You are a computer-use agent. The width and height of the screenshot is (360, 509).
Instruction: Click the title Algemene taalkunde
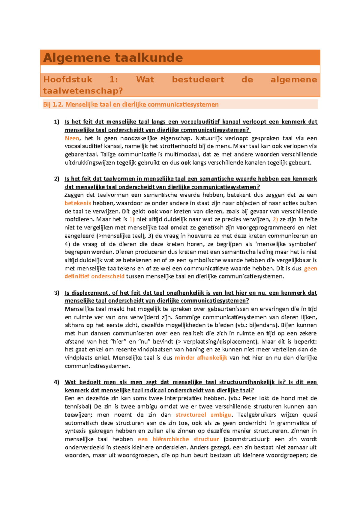(x=113, y=58)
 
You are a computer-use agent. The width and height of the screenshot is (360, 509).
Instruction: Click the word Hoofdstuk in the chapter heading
(x=68, y=79)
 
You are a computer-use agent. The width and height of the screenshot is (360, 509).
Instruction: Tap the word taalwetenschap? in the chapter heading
(x=83, y=91)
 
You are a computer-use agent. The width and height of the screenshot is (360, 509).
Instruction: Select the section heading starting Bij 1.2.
(x=131, y=105)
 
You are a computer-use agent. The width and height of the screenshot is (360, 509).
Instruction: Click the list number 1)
(x=57, y=122)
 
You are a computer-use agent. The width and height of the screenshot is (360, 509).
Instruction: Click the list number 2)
(x=57, y=179)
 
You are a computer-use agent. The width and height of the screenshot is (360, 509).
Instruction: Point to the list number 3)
(x=57, y=293)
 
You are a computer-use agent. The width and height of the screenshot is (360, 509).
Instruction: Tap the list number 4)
(x=57, y=382)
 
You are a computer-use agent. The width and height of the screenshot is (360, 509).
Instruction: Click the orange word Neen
(x=72, y=138)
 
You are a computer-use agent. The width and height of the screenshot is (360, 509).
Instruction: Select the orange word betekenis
(x=78, y=203)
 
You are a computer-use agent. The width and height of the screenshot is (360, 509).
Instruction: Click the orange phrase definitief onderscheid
(x=94, y=276)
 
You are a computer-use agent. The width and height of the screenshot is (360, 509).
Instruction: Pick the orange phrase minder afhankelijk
(x=201, y=358)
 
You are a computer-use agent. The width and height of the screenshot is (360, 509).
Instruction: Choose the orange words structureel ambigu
(x=203, y=415)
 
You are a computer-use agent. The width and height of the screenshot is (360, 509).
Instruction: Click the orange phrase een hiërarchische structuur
(x=178, y=439)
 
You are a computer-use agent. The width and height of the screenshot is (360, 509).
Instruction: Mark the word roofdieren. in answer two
(x=79, y=219)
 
